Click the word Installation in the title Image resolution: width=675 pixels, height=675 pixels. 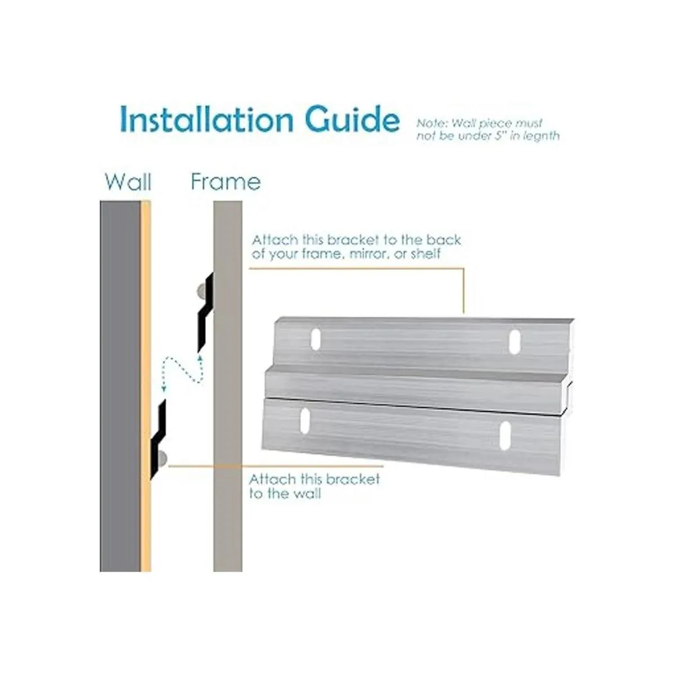(x=206, y=119)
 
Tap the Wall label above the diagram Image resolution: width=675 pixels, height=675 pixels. (x=128, y=182)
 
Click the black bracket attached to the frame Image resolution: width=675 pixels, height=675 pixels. (x=205, y=312)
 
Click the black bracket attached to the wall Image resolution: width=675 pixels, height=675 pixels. (x=158, y=440)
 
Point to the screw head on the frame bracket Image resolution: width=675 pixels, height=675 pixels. (x=201, y=291)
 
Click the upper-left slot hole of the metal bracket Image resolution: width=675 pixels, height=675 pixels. (x=316, y=339)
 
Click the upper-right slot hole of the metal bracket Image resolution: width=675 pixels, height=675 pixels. (x=515, y=341)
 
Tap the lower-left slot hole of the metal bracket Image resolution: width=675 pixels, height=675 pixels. (x=305, y=420)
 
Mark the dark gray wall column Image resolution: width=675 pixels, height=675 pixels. (x=120, y=386)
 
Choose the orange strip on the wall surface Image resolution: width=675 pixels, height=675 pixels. (x=146, y=386)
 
